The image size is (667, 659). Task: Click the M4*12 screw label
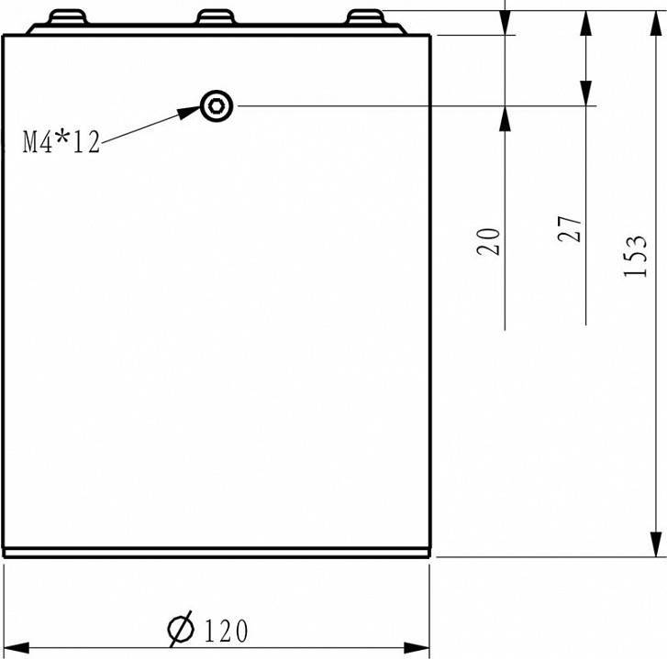[x=61, y=142]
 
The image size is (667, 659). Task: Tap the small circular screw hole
[x=217, y=106]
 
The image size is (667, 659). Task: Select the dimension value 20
[x=491, y=241]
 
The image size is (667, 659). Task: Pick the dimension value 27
[x=570, y=229]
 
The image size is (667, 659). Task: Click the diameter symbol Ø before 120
[x=181, y=630]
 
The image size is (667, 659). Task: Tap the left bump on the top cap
[x=68, y=18]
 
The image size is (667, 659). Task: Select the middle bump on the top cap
[x=217, y=18]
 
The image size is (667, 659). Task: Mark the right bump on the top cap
[x=364, y=18]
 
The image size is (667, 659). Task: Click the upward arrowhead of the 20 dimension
[x=505, y=118]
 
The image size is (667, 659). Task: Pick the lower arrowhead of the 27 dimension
[x=584, y=93]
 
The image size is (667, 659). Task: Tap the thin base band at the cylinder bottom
[x=217, y=553]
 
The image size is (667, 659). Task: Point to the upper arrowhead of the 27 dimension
[x=584, y=23]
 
